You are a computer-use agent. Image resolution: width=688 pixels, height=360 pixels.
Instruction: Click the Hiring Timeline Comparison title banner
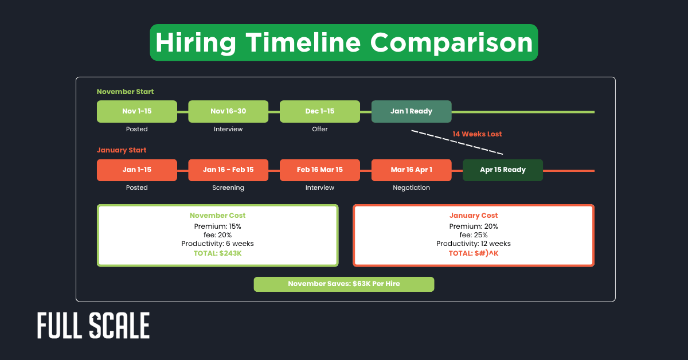point(344,43)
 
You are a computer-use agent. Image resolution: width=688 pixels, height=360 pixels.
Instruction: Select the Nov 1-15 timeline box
point(137,111)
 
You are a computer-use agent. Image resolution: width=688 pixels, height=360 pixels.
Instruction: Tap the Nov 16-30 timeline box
point(228,111)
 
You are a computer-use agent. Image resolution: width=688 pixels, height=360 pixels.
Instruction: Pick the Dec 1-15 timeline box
point(320,111)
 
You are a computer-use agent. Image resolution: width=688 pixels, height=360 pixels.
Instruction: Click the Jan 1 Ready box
point(411,111)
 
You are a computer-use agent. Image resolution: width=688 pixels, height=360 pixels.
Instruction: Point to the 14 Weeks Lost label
point(477,134)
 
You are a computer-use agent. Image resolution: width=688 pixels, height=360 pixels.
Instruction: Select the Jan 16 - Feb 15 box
point(228,170)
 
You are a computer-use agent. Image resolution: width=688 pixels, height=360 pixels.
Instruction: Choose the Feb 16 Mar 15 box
point(320,170)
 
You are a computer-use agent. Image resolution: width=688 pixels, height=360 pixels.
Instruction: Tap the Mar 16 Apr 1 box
point(411,170)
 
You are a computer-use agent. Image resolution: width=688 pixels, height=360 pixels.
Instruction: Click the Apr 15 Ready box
point(503,170)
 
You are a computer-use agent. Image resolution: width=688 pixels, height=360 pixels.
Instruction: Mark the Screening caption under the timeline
point(228,187)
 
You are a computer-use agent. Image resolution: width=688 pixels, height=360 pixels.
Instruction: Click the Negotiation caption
point(411,187)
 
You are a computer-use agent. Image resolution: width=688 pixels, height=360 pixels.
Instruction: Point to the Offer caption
point(320,129)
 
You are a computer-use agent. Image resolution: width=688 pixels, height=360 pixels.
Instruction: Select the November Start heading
point(125,92)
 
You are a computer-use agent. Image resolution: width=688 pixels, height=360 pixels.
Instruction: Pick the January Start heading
point(122,150)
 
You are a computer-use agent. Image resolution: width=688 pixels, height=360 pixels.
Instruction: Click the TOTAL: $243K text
point(217,253)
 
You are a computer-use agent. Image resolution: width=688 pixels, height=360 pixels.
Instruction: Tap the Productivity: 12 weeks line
point(474,244)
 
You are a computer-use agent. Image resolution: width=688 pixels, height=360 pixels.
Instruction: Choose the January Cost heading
point(474,216)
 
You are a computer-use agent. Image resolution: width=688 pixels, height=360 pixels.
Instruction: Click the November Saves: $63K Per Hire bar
point(344,284)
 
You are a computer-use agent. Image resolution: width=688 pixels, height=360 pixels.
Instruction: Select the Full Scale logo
point(93,326)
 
